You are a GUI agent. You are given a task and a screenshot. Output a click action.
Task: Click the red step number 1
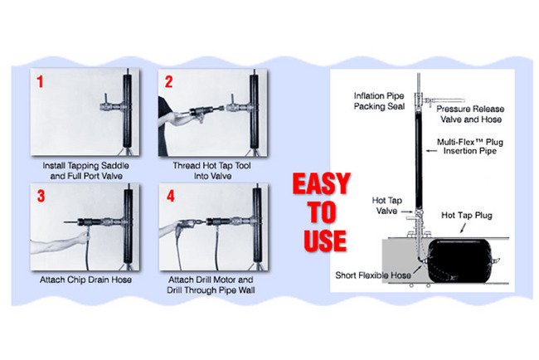tap(40, 83)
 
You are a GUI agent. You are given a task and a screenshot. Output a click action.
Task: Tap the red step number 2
tap(169, 83)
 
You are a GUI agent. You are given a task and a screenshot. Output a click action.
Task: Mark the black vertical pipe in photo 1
tap(129, 116)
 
